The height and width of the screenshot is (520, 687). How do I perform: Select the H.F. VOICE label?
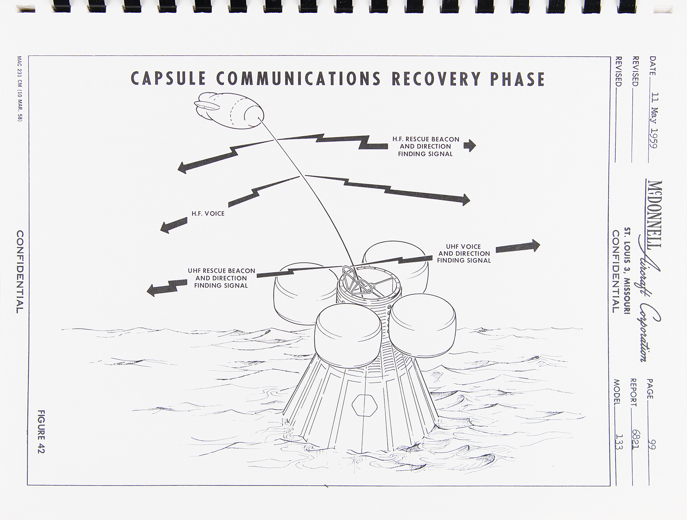[208, 213]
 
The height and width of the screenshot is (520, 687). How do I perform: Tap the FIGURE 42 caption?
[41, 431]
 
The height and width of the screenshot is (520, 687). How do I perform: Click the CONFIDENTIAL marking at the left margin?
[20, 272]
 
